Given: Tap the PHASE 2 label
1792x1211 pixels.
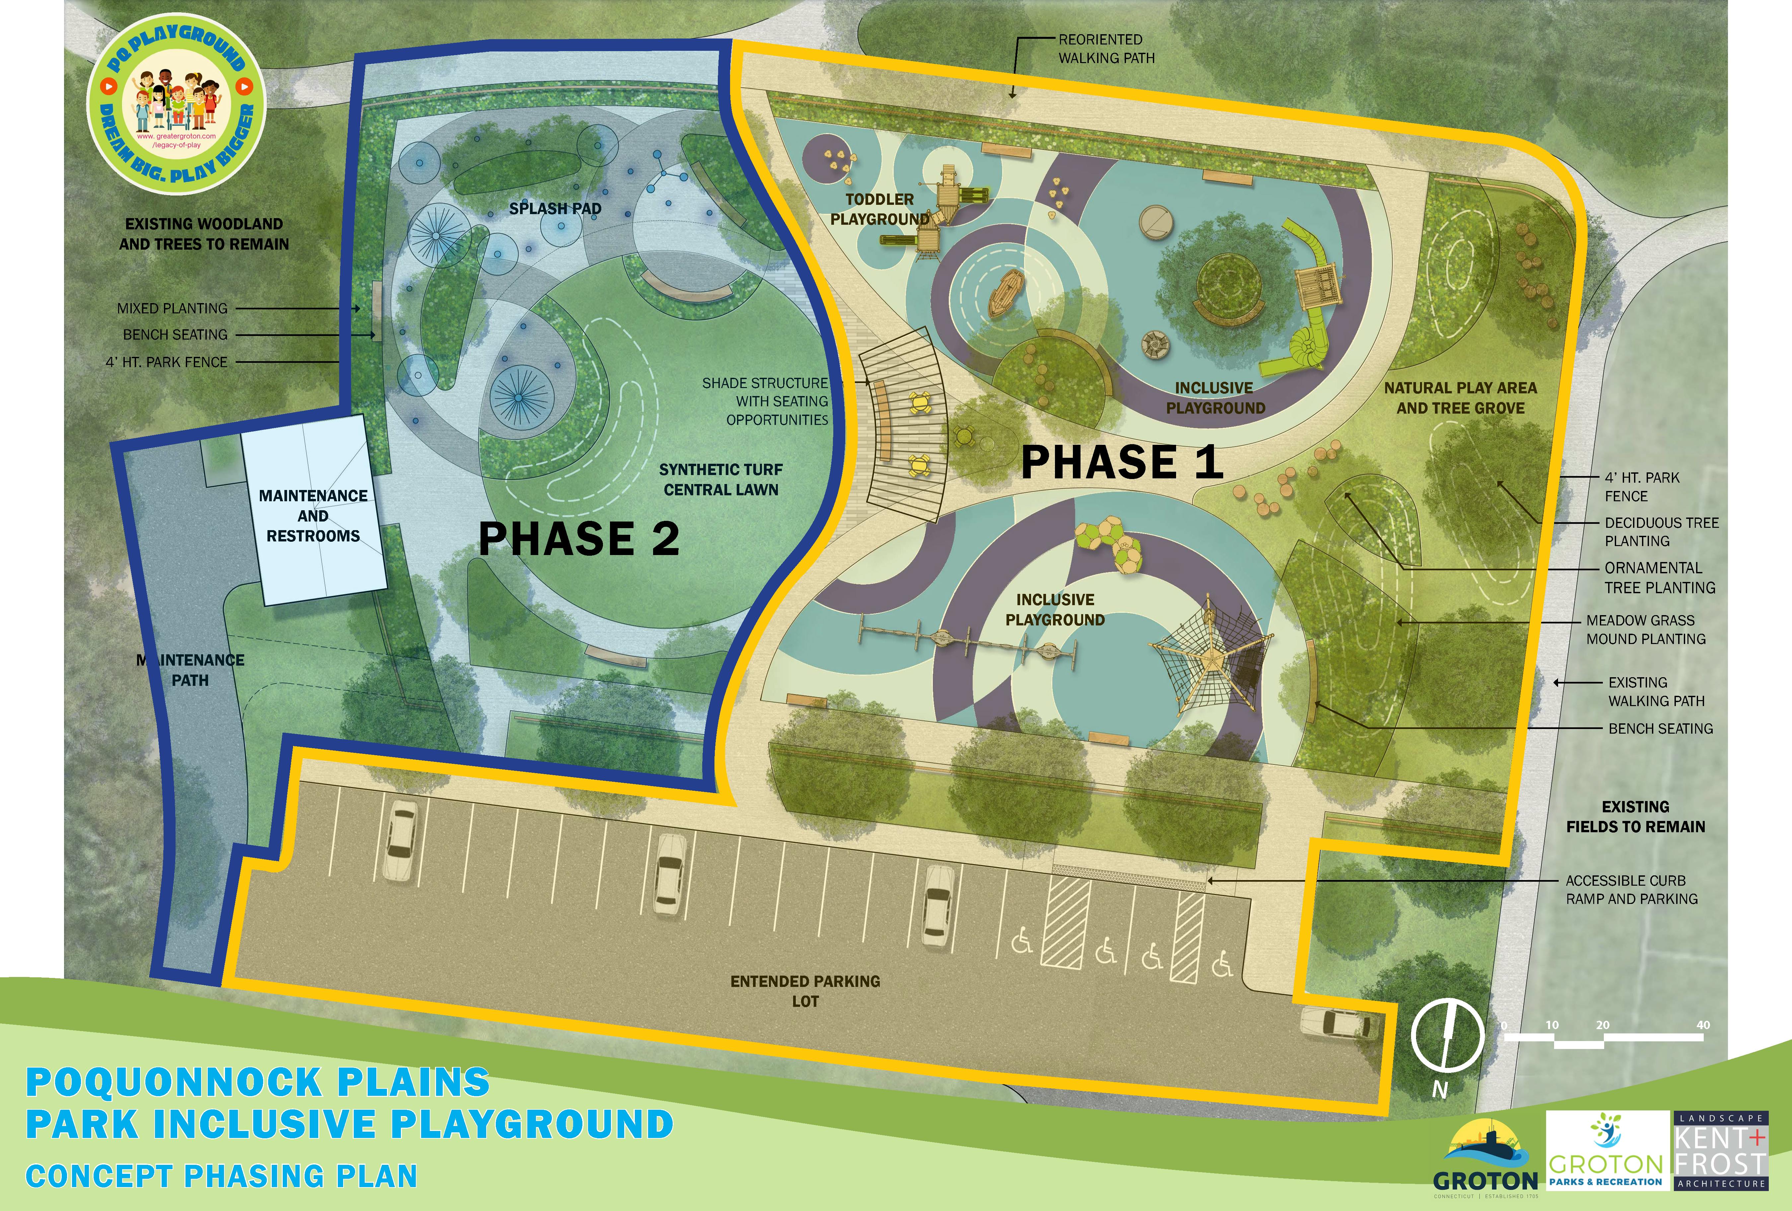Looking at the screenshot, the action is (578, 538).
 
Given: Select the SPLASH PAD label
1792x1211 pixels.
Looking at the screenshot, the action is (555, 208).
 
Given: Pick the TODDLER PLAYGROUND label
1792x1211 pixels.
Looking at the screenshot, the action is (880, 209).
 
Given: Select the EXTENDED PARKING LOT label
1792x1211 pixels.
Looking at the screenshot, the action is (805, 991).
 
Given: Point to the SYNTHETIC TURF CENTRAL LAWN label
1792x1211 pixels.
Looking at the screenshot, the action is (721, 479).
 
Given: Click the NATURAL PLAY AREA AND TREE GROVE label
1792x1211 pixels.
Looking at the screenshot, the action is (1460, 398).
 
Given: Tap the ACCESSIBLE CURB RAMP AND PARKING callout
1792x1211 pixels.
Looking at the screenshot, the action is (1631, 889).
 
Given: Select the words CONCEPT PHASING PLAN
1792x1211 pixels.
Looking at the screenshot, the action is (221, 1176).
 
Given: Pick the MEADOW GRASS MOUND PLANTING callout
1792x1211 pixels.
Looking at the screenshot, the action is (1646, 629).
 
